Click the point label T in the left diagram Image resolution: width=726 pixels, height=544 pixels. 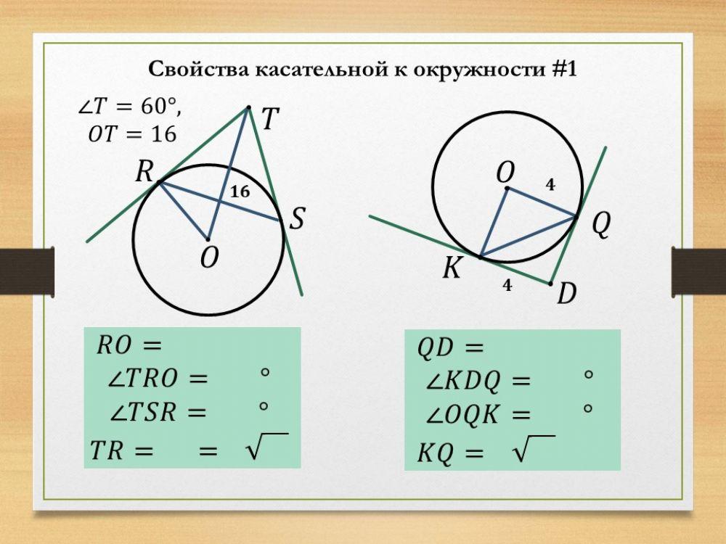click(x=269, y=119)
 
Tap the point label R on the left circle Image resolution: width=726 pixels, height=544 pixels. click(x=145, y=172)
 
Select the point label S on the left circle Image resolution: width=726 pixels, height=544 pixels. click(x=297, y=218)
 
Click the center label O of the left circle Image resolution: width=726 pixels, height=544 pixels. click(x=209, y=258)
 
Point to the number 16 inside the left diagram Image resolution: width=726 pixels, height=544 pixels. click(x=240, y=192)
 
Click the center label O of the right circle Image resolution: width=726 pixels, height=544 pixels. click(x=505, y=172)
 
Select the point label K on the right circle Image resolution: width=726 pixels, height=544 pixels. click(x=452, y=270)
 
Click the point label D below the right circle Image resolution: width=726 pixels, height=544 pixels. click(x=567, y=294)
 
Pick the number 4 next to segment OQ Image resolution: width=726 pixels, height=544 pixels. click(x=550, y=185)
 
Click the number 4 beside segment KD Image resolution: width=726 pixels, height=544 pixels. click(x=507, y=286)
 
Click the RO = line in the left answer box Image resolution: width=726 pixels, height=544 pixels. click(x=128, y=345)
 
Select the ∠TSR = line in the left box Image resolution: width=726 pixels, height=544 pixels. click(x=158, y=413)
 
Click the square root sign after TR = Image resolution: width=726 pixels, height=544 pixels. click(x=254, y=450)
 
